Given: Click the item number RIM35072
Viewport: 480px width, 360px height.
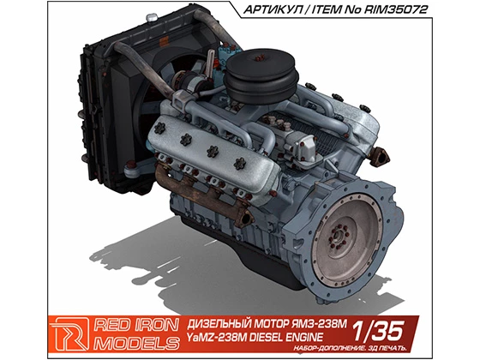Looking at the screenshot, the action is (x=395, y=9).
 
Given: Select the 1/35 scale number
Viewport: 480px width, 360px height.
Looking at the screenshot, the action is (x=378, y=332).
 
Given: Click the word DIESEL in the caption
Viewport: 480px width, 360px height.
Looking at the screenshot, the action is (x=269, y=337).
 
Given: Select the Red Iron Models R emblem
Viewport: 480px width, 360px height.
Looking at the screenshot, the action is (x=70, y=334).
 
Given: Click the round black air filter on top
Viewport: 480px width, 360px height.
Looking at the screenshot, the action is (x=261, y=75).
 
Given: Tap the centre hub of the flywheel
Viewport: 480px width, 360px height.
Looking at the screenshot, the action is (x=338, y=236).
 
